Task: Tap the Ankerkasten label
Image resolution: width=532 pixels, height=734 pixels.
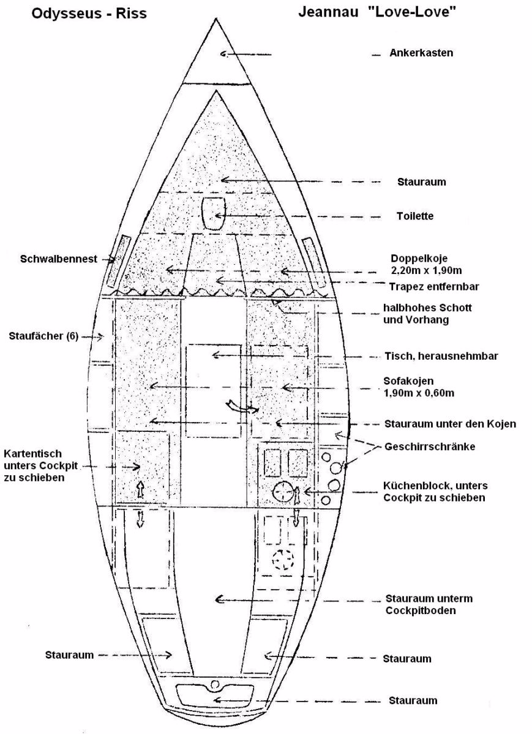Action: point(421,53)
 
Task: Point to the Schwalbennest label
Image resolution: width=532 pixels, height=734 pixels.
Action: point(59,259)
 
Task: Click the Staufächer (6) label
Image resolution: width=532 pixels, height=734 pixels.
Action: point(44,336)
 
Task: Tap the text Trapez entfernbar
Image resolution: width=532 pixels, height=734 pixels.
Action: point(434,286)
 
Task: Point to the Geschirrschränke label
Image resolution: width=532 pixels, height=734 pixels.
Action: point(430,447)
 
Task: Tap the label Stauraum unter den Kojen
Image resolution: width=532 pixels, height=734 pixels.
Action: point(450,423)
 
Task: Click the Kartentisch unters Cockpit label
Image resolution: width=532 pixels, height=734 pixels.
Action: point(41,465)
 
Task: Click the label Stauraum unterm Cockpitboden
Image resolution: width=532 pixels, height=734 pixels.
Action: point(429,604)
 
